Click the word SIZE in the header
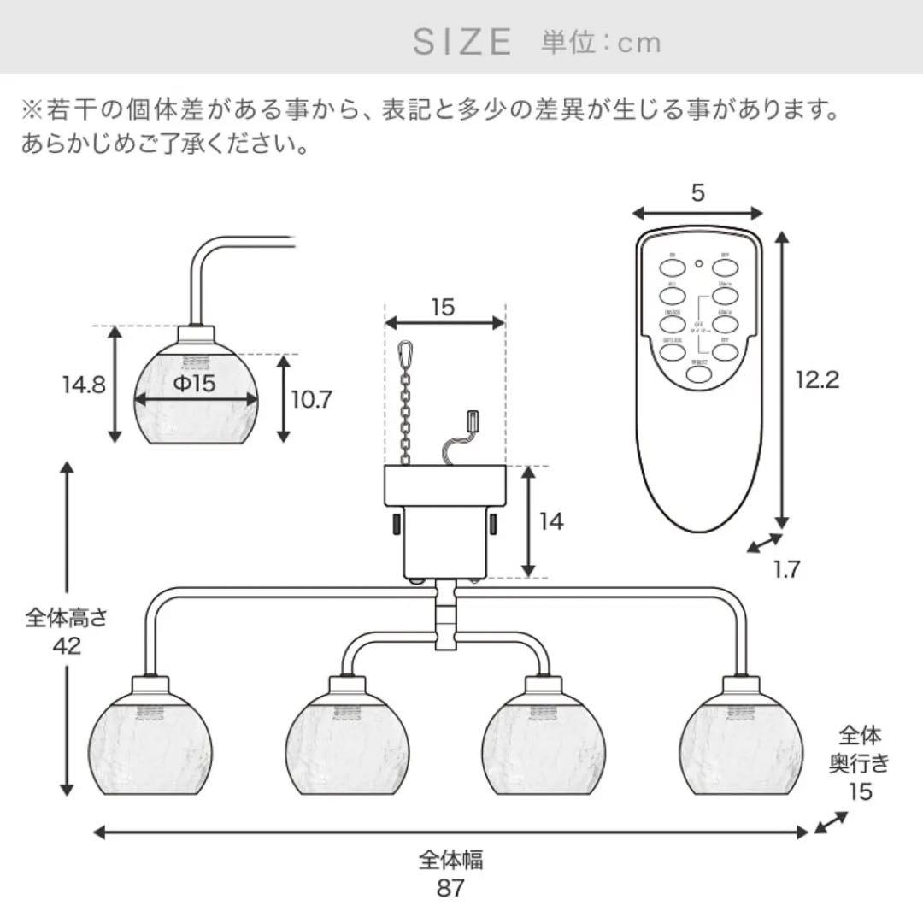coord(462,41)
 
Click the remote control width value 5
coord(698,193)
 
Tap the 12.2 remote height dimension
coord(817,379)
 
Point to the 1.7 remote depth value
coord(785,568)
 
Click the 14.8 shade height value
coord(83,385)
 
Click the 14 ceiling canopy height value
coord(552,520)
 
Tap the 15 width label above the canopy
coord(443,308)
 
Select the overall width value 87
coord(450,888)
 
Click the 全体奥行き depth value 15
coord(860,791)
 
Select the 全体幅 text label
coord(450,859)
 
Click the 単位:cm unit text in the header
coord(601,42)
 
